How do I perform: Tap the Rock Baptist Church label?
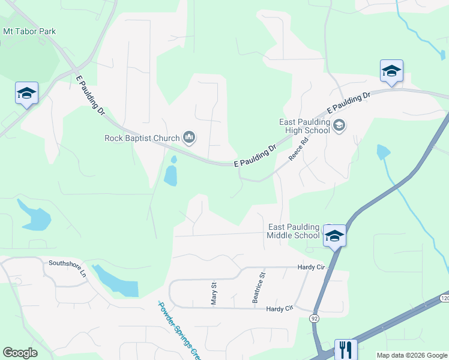point(142,138)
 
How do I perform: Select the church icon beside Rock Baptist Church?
point(190,138)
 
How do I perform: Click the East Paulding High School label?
point(305,126)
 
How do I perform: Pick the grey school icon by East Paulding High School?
point(339,125)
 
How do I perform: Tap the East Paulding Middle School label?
point(294,231)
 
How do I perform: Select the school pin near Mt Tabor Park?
point(26,93)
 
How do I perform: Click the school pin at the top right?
point(391,71)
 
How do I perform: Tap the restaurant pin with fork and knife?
point(345,349)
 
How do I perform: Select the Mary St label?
point(214,293)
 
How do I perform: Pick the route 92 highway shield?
point(314,317)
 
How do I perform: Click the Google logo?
point(20,353)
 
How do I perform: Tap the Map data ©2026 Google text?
point(412,355)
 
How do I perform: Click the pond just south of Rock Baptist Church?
point(171,175)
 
